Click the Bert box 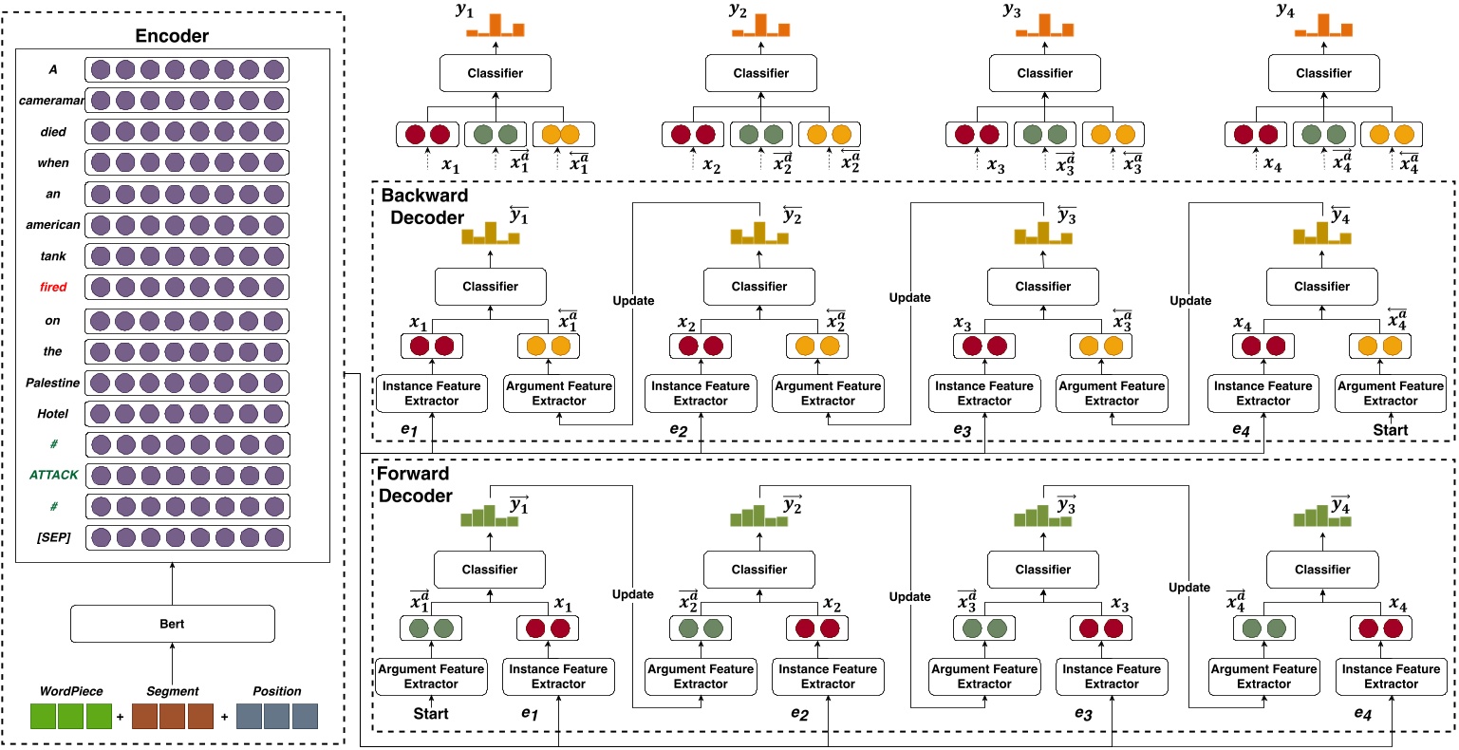click(173, 624)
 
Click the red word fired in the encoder click(53, 287)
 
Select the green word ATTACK click(53, 474)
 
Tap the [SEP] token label click(53, 537)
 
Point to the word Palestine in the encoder click(53, 383)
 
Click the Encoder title click(172, 36)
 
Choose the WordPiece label click(71, 691)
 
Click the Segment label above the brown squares click(173, 691)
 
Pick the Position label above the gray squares click(276, 691)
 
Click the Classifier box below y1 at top click(495, 73)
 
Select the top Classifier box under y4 click(1323, 73)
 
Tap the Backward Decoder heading click(424, 206)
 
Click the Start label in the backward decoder click(1390, 430)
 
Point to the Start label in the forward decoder click(431, 713)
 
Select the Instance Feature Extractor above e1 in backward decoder click(432, 394)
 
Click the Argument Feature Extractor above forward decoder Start click(432, 676)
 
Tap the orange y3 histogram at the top click(1044, 26)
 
